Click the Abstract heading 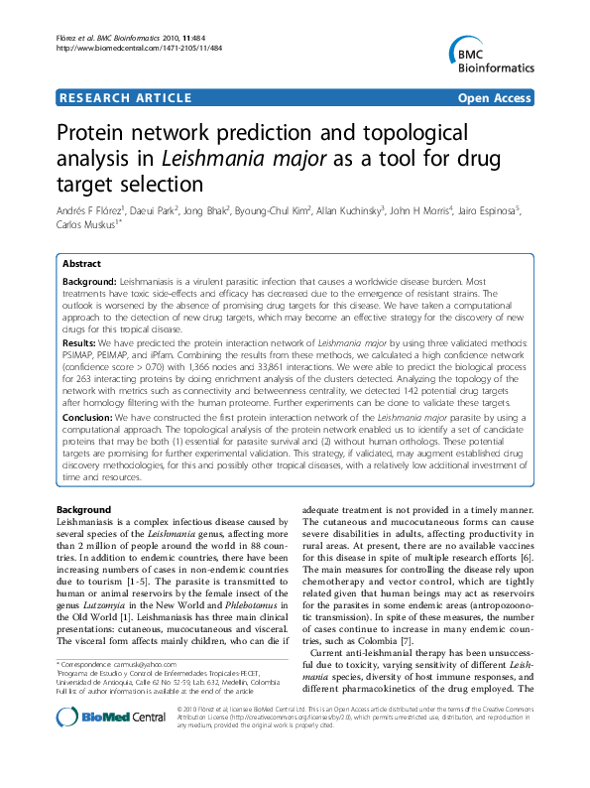(81, 265)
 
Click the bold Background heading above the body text (84, 509)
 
